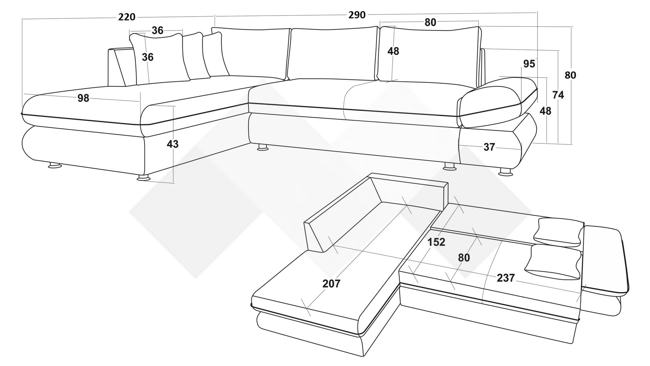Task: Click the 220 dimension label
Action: click(x=127, y=17)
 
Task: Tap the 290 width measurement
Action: click(x=357, y=15)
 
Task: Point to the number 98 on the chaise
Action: click(x=83, y=98)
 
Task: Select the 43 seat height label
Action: click(x=173, y=144)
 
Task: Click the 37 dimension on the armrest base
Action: click(x=489, y=147)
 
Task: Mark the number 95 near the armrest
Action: click(x=529, y=64)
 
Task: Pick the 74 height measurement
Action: click(x=558, y=95)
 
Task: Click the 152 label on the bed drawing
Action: click(x=436, y=242)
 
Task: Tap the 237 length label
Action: click(x=506, y=278)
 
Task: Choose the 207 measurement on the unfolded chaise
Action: click(x=331, y=284)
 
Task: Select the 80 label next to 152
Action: click(x=464, y=258)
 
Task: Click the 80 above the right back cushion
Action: click(x=430, y=22)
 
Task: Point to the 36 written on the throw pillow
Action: click(x=148, y=57)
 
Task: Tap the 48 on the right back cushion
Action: click(x=393, y=51)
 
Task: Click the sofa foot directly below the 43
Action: click(x=144, y=177)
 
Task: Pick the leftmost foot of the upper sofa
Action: click(x=55, y=165)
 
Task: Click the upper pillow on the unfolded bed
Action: click(x=559, y=231)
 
